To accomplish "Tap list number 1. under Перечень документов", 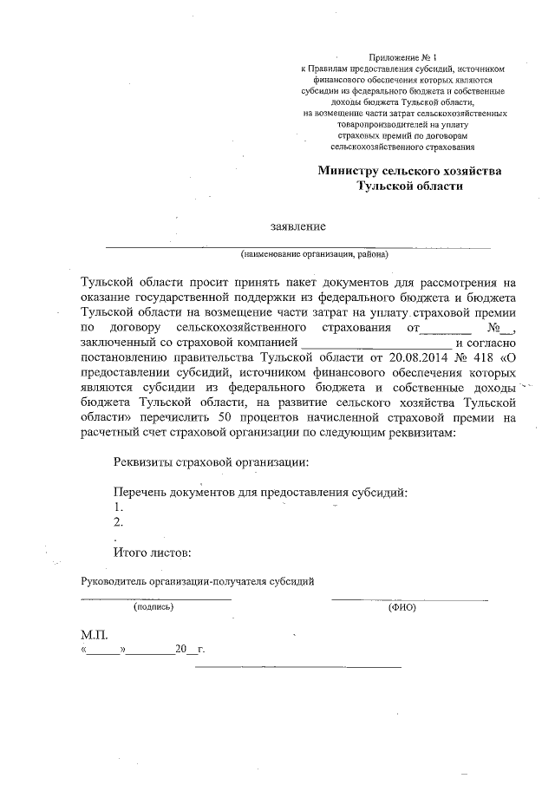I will tap(118, 507).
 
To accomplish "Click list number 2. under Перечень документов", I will tap(118, 522).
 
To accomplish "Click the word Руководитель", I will tap(113, 580).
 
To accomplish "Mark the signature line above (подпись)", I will tap(155, 599).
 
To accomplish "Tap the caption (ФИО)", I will tap(402, 607).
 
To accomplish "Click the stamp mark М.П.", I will tap(93, 635).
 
